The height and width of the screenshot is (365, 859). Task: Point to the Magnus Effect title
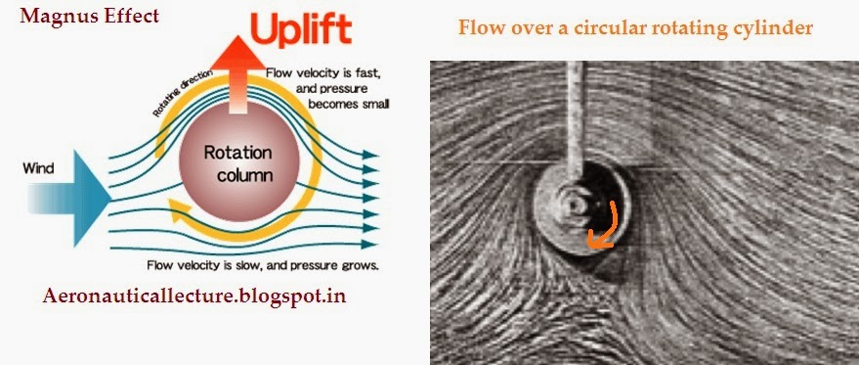point(89,17)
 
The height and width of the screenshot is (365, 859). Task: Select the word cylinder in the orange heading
point(772,27)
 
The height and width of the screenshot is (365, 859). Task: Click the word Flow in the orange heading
point(479,27)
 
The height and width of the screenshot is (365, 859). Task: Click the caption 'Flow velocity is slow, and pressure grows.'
point(262,265)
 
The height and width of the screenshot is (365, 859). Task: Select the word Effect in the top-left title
point(130,17)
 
